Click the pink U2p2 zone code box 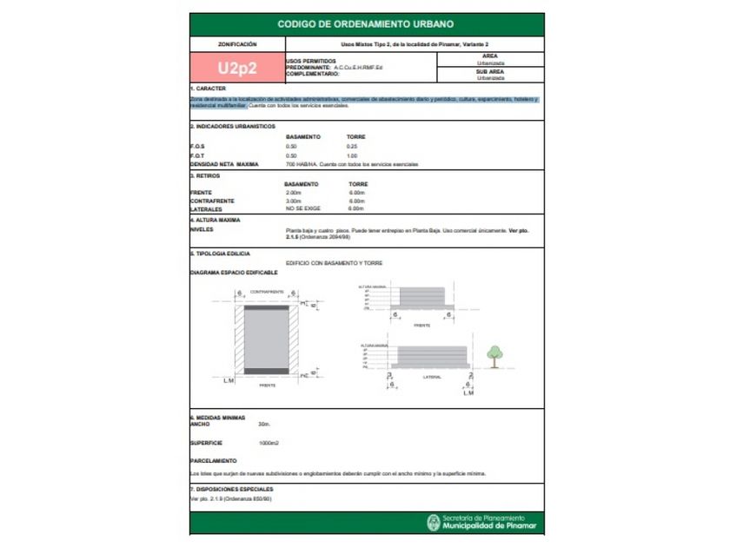tap(237, 68)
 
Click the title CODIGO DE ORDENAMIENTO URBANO tap(365, 24)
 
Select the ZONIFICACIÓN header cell tap(237, 43)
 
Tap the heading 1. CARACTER tap(209, 89)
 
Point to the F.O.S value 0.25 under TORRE tap(352, 147)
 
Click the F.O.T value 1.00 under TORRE tap(352, 155)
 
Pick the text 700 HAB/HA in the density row tap(300, 164)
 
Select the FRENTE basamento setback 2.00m tap(294, 193)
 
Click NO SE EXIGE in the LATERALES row tap(300, 209)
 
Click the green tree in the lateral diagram tap(494, 353)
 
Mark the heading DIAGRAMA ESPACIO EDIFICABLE tap(234, 273)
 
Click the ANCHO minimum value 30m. tap(264, 425)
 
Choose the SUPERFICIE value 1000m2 tap(268, 443)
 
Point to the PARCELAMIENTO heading tap(213, 461)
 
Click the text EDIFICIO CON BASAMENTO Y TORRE tap(334, 263)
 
